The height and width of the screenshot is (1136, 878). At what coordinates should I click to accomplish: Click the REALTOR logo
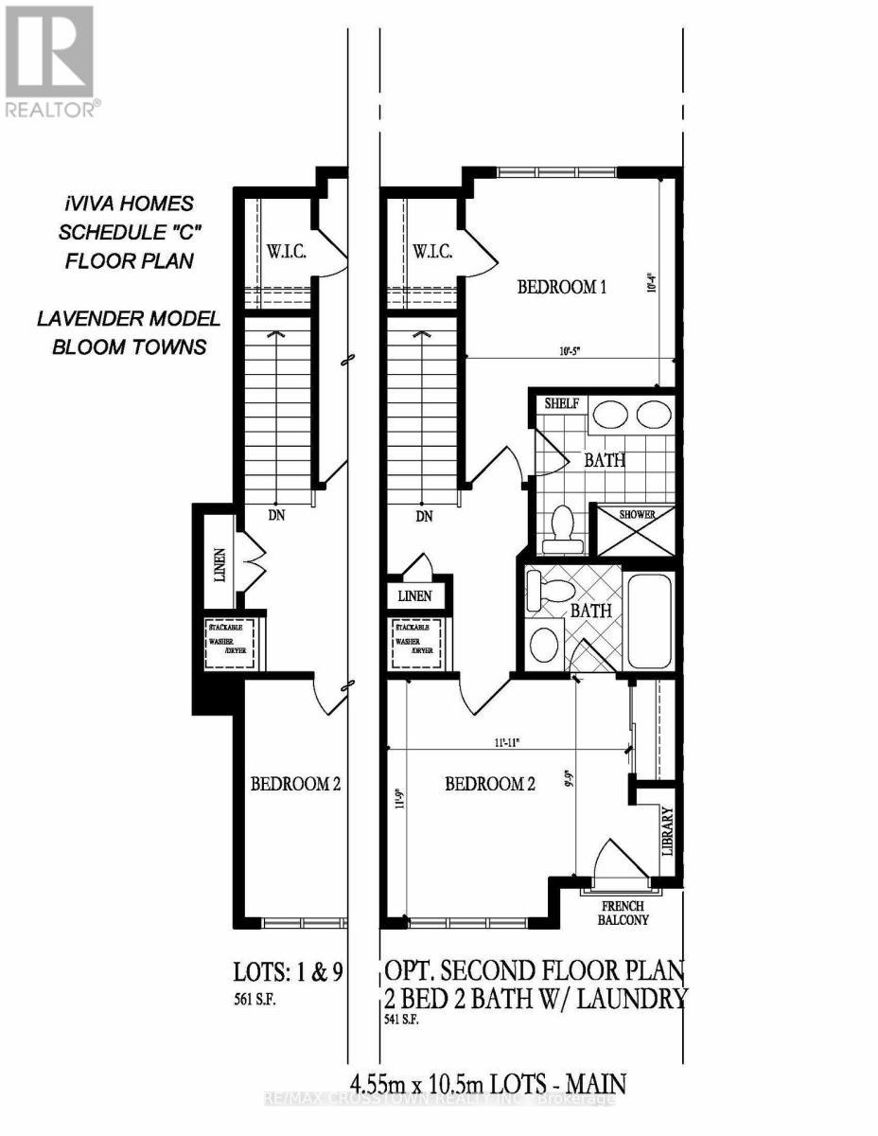click(x=49, y=61)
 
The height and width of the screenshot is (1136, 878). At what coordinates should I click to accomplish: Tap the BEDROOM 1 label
click(x=561, y=287)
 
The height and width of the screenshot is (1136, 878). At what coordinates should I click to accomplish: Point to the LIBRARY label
click(x=667, y=831)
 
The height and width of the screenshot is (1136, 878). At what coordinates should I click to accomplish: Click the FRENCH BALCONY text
click(x=621, y=910)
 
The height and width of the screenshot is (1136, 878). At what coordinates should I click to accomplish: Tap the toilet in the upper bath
click(x=563, y=530)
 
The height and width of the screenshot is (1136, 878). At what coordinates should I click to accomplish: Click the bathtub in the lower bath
click(x=649, y=619)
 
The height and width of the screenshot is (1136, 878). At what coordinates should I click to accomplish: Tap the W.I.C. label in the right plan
click(x=432, y=252)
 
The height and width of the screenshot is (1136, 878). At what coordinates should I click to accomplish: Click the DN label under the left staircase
click(x=276, y=516)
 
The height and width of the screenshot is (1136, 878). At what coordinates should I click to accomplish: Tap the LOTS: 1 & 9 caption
click(x=288, y=972)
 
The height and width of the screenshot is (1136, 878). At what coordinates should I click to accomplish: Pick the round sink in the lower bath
click(x=545, y=644)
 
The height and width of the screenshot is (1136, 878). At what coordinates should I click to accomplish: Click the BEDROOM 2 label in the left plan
click(x=294, y=784)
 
